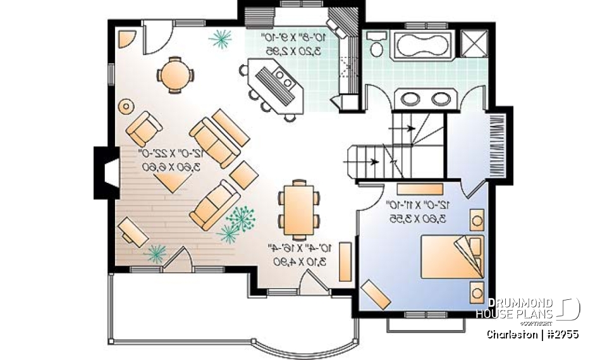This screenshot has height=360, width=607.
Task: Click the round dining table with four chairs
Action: [173, 75]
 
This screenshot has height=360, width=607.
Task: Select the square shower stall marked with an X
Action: [474, 44]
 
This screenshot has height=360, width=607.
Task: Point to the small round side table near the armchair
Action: [126, 106]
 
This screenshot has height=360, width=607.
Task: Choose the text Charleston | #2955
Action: [532, 334]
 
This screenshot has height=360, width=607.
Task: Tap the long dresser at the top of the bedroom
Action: [420, 187]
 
